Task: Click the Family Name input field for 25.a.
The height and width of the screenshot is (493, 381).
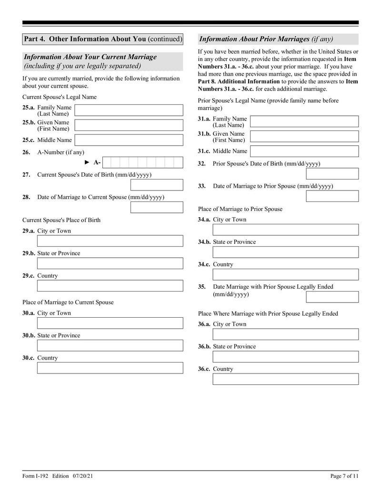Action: tap(129, 111)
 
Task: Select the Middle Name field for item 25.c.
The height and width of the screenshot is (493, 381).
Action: tap(129, 140)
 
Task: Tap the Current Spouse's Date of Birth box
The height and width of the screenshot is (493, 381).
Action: tap(156, 185)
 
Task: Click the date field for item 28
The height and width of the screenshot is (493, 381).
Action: tap(156, 207)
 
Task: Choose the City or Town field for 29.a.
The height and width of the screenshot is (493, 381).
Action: tap(110, 241)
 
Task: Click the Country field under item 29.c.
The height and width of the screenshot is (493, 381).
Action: tap(110, 286)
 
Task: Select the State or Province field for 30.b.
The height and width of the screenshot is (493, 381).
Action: tap(110, 345)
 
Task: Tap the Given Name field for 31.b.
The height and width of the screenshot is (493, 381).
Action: tap(304, 137)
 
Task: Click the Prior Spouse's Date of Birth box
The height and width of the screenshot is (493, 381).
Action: tap(332, 174)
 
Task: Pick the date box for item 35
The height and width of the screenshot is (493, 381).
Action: tap(332, 297)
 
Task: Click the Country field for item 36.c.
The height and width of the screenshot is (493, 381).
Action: tap(285, 379)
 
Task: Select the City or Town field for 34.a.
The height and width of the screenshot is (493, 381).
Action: tap(285, 230)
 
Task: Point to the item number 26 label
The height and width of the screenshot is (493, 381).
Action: tap(26, 152)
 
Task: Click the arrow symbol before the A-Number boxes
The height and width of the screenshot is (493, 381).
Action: tap(87, 162)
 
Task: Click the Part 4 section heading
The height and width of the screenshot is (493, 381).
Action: tap(102, 39)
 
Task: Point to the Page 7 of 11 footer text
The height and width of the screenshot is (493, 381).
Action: tap(344, 476)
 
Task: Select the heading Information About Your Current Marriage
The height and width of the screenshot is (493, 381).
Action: tap(90, 57)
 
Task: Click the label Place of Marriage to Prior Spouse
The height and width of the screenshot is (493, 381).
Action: tap(240, 209)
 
